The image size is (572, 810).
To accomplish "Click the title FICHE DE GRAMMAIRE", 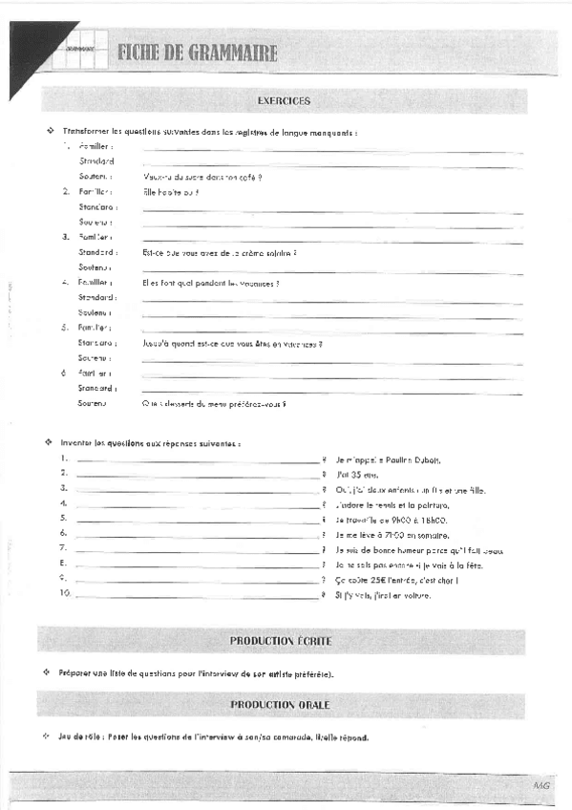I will pyautogui.click(x=198, y=53).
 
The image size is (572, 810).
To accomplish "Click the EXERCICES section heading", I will pyautogui.click(x=284, y=100).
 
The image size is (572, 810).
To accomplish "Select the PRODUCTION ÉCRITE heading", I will pyautogui.click(x=280, y=640).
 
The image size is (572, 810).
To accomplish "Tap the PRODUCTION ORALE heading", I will pyautogui.click(x=280, y=705).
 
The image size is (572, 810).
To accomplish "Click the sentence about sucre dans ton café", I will pyautogui.click(x=201, y=177).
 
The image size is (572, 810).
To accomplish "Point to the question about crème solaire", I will pyautogui.click(x=220, y=252).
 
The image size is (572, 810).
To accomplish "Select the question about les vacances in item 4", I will pyautogui.click(x=210, y=284).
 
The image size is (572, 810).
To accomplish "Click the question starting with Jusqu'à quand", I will pyautogui.click(x=232, y=343).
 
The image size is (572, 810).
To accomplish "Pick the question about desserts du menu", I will pyautogui.click(x=214, y=403).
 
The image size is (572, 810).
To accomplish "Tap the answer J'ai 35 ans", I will pyautogui.click(x=357, y=474).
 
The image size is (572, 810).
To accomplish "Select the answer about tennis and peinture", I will pyautogui.click(x=392, y=504).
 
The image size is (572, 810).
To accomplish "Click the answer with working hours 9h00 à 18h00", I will pyautogui.click(x=392, y=520).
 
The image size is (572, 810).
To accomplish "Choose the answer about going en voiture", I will pyautogui.click(x=383, y=595).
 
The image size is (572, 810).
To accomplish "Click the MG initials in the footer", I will pyautogui.click(x=542, y=784).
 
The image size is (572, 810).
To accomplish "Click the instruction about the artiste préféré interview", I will pyautogui.click(x=196, y=673).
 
